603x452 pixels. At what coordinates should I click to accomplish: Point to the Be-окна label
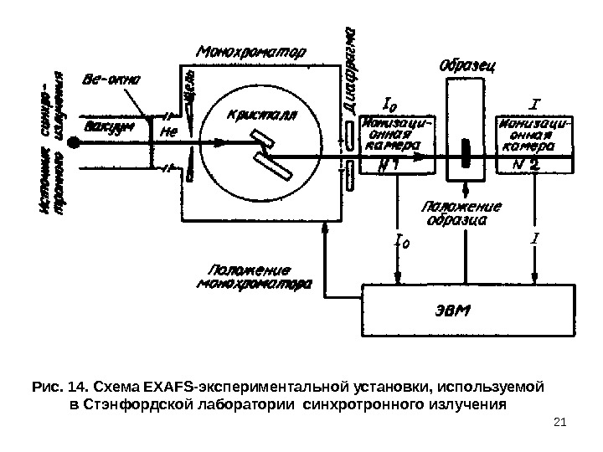tap(112, 81)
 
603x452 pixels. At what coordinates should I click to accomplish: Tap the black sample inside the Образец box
tap(466, 156)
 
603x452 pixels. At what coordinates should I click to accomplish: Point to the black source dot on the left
tap(74, 143)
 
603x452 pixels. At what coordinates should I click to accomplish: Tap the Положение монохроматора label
tap(255, 276)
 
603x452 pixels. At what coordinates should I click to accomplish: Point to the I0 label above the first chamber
tap(390, 106)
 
